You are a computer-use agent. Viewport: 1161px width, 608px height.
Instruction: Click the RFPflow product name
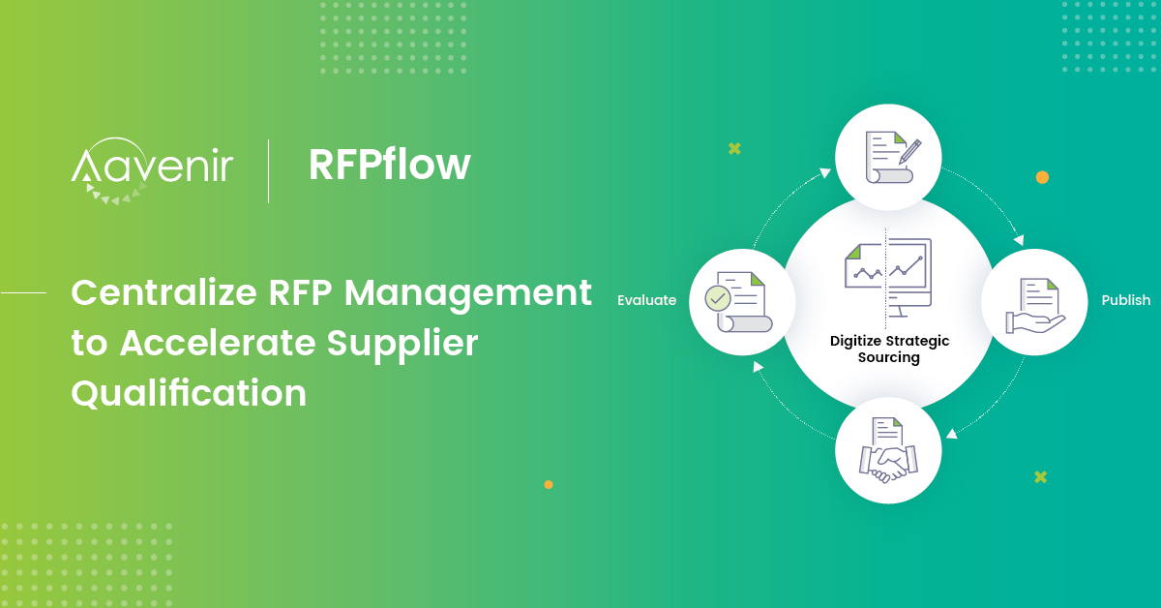(x=389, y=165)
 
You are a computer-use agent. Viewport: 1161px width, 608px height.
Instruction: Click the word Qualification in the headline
(x=189, y=393)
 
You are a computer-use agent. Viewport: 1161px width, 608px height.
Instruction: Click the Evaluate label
(x=646, y=300)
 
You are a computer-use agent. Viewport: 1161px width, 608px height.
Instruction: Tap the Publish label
(x=1125, y=300)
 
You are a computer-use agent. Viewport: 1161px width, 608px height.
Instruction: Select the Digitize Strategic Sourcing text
(x=889, y=349)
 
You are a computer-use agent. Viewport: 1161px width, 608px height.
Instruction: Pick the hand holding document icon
(x=1034, y=304)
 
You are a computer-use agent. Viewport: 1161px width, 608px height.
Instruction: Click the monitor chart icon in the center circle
(x=888, y=273)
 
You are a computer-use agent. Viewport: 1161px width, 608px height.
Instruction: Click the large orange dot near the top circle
(x=1042, y=177)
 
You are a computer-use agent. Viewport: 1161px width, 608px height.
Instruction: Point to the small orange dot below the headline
(x=549, y=484)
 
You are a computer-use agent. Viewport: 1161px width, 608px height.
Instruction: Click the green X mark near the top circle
(x=734, y=148)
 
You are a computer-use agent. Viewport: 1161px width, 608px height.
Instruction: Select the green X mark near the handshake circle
(x=1040, y=476)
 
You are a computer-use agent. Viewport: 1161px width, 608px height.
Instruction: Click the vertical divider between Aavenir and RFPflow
(x=268, y=170)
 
